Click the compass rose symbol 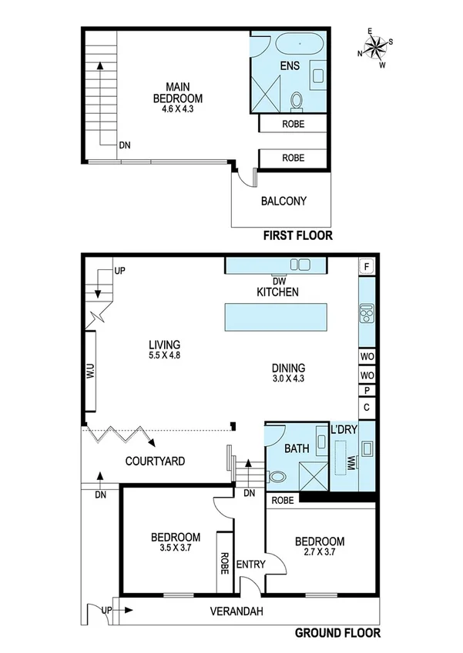[376, 48]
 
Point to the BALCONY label [283, 202]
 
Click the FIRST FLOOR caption [297, 236]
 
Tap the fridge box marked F [367, 267]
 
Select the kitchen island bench [275, 316]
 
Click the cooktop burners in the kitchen [366, 315]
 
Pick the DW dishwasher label [278, 281]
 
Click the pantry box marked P [367, 391]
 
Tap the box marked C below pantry [367, 407]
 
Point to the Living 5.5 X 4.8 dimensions [165, 356]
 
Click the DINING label [288, 368]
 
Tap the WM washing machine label [351, 464]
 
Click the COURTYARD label [156, 461]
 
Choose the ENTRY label [252, 565]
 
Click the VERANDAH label [243, 612]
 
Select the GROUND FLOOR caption [337, 635]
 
